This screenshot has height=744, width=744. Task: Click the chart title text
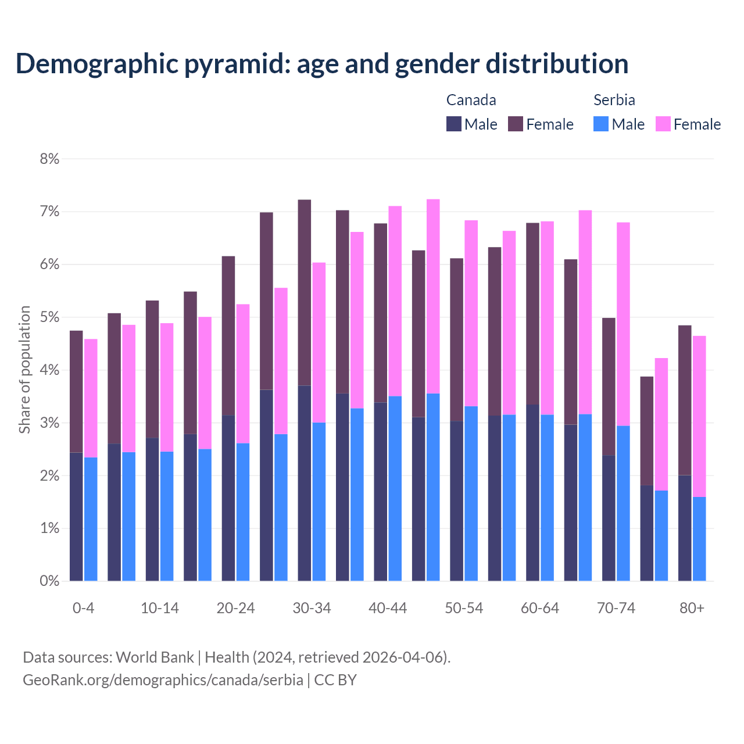321,63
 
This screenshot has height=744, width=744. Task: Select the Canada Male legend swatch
454,124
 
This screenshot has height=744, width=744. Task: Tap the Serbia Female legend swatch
663,124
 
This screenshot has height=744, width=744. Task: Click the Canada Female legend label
549,124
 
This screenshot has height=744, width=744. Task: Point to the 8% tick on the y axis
49,159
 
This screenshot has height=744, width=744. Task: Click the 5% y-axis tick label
49,317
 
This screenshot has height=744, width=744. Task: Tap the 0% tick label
49,581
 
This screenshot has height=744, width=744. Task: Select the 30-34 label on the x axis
312,608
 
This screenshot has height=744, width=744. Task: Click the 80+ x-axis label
692,608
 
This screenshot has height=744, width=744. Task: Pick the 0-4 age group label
83,608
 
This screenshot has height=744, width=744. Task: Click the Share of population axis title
24,370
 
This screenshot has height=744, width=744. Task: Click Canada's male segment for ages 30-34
304,482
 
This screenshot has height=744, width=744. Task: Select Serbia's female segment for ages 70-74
623,324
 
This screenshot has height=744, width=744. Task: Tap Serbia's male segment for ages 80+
699,539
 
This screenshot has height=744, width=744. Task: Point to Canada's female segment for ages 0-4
76,391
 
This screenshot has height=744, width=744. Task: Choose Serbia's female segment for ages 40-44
395,301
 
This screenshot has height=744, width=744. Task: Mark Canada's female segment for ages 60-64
532,313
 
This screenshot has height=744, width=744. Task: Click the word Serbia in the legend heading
614,100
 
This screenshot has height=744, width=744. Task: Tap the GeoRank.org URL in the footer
163,680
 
